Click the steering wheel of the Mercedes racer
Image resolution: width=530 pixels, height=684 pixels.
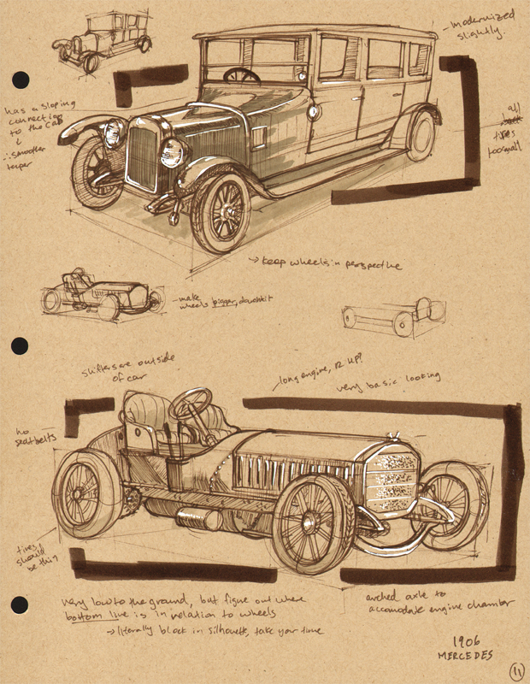pos(191,404)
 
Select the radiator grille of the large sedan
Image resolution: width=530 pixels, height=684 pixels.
pos(141,156)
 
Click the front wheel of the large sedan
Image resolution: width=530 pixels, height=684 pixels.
pos(221,210)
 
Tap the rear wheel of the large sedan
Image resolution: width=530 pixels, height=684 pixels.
pos(421,134)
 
